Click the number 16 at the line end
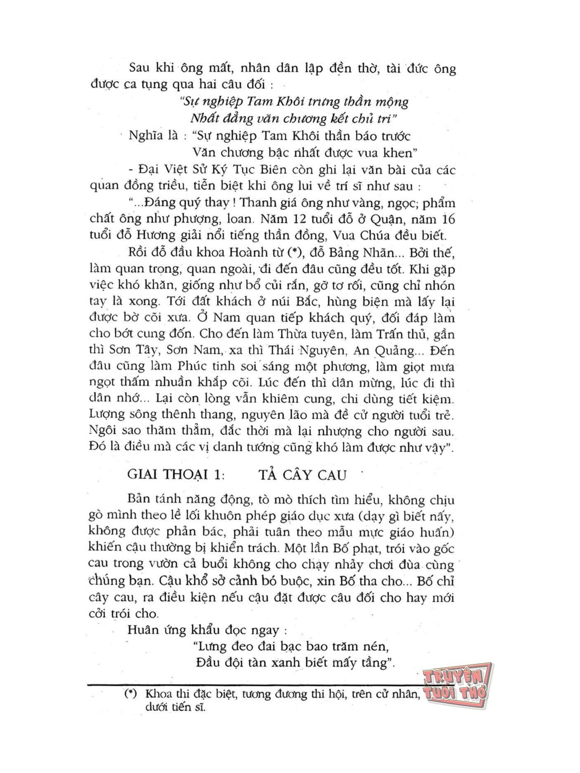point(446,219)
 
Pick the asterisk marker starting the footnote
point(131,694)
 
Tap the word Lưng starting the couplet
point(210,646)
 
